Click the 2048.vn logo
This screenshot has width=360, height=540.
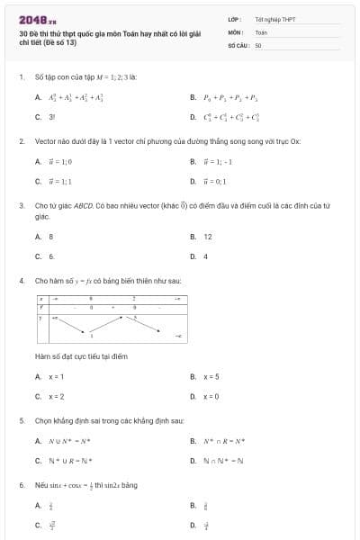[x=38, y=19]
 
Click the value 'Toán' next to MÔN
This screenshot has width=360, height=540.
[x=261, y=31]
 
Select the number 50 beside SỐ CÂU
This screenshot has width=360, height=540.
[x=258, y=44]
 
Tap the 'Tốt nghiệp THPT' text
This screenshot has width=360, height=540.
[x=274, y=19]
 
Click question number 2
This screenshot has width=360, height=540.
[x=21, y=141]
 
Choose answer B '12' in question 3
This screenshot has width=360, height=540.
[x=208, y=237]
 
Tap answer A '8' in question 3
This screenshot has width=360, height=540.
[x=50, y=237]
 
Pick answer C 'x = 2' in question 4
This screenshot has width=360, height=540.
[x=56, y=396]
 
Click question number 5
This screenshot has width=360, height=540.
[x=21, y=420]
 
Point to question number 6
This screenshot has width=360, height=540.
[x=21, y=485]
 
